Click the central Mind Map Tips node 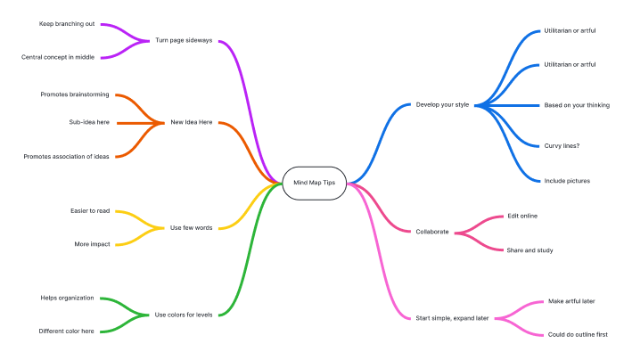tap(314, 182)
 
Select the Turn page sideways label tap(184, 40)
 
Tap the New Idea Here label tap(192, 122)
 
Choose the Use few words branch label tap(191, 228)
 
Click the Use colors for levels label tap(184, 315)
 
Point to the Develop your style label tap(442, 104)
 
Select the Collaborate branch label tap(432, 232)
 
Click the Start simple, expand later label tap(453, 317)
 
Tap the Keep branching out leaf tap(67, 24)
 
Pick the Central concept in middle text tap(58, 57)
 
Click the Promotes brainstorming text tap(74, 94)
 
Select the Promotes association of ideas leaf tap(67, 156)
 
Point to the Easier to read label tap(90, 211)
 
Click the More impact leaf tap(92, 243)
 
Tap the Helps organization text tap(67, 298)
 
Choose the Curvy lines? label tap(562, 145)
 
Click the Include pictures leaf tap(567, 181)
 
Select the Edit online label tap(521, 216)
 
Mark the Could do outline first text tap(578, 334)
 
